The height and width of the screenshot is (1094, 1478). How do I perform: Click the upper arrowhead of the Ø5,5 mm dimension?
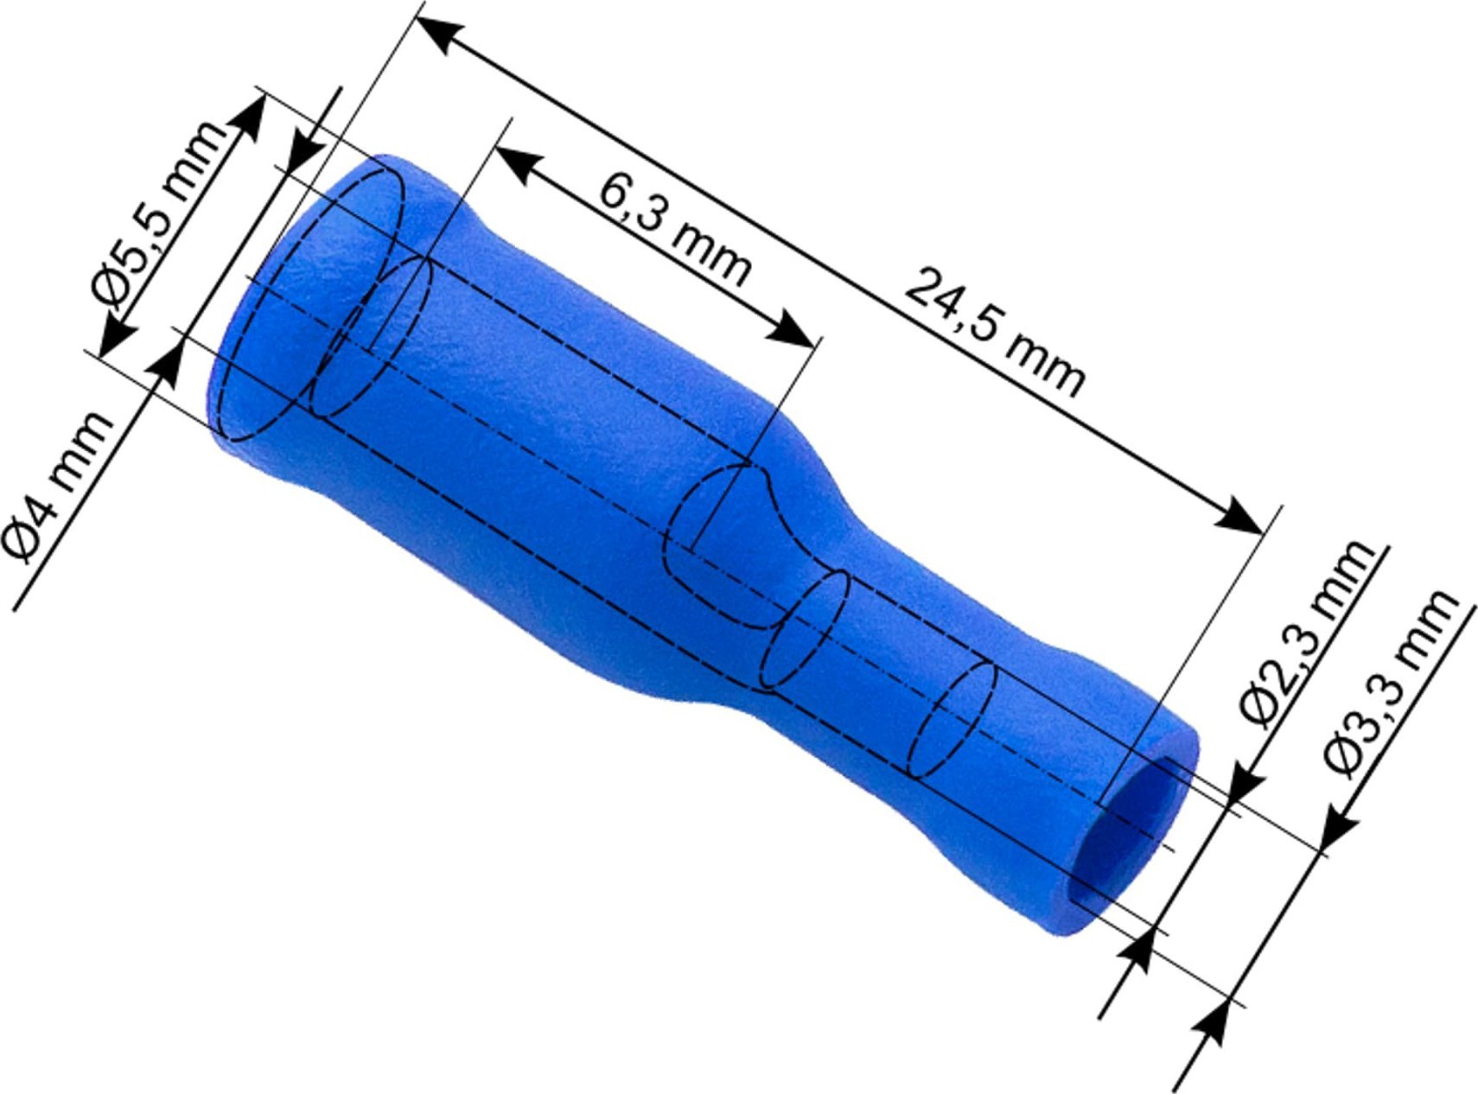point(251,117)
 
